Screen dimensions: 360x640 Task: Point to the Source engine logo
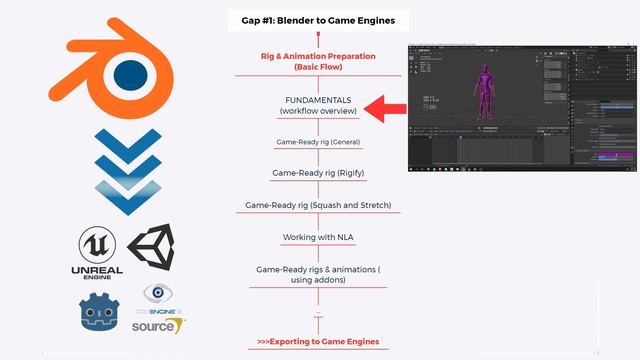point(157,325)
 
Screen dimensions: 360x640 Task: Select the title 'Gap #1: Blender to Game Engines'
point(319,20)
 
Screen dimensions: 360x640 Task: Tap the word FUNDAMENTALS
point(319,100)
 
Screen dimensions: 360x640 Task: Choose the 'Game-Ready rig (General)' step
point(319,142)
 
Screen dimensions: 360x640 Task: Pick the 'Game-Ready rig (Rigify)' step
point(319,173)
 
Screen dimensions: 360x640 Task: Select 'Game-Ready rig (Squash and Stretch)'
point(319,205)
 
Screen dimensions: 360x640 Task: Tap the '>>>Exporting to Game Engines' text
point(319,342)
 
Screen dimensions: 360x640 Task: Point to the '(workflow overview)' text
point(319,111)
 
